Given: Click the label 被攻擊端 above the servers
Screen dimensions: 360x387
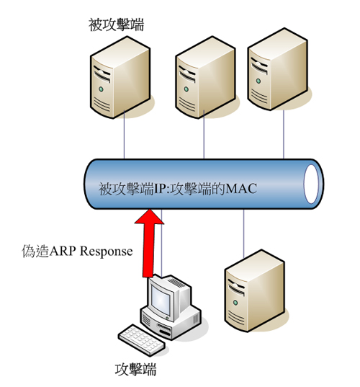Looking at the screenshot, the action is click(116, 25).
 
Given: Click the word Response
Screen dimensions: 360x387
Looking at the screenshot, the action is click(107, 252).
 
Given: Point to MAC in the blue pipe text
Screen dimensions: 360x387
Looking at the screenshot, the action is click(241, 189).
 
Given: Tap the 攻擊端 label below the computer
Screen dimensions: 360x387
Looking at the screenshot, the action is click(135, 370).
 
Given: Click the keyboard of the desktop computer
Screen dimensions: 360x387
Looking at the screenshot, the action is click(141, 339).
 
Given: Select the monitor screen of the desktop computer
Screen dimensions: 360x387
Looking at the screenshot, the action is click(161, 299).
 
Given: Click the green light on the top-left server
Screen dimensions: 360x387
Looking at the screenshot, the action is click(101, 89).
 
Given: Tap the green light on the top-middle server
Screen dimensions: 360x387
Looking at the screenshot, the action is click(186, 89).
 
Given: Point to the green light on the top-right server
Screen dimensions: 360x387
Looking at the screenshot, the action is click(258, 81).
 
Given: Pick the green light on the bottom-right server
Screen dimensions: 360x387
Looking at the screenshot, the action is click(235, 303).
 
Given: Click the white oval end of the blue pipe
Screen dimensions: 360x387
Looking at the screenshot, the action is click(311, 184).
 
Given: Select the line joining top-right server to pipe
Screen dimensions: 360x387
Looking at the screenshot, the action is click(284, 134).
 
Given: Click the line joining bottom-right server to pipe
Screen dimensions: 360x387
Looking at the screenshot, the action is click(243, 233).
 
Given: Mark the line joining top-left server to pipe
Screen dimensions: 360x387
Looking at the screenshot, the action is click(124, 135).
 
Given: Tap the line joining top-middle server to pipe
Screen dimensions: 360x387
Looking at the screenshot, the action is click(204, 135).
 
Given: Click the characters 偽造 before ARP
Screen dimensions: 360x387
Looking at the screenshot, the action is click(35, 252).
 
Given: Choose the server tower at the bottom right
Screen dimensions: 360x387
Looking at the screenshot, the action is click(255, 290).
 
